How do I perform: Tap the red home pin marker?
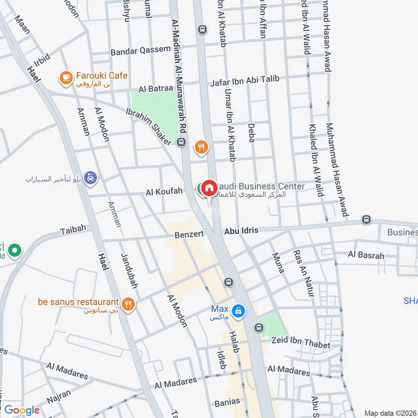pyautogui.click(x=209, y=188)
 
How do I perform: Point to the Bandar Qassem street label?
pyautogui.click(x=140, y=51)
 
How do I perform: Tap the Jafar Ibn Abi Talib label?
pyautogui.click(x=245, y=80)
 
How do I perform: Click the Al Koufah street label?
pyautogui.click(x=164, y=192)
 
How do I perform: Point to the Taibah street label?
pyautogui.click(x=72, y=230)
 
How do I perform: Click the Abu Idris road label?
pyautogui.click(x=241, y=230)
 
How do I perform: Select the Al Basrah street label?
pyautogui.click(x=366, y=256)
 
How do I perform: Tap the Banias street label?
pyautogui.click(x=227, y=402)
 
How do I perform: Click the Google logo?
pyautogui.click(x=22, y=410)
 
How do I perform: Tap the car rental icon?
pyautogui.click(x=91, y=178)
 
